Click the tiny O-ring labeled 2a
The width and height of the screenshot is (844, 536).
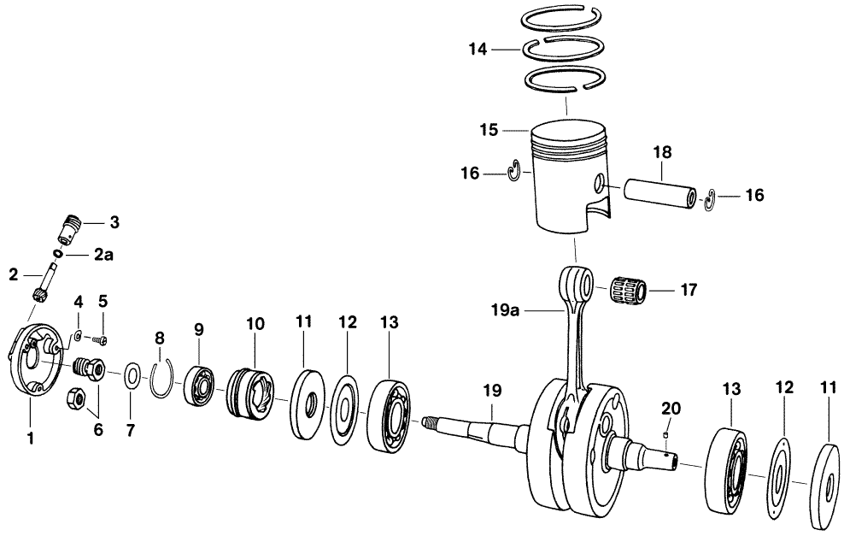57,254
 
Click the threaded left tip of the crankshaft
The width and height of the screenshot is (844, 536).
431,420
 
